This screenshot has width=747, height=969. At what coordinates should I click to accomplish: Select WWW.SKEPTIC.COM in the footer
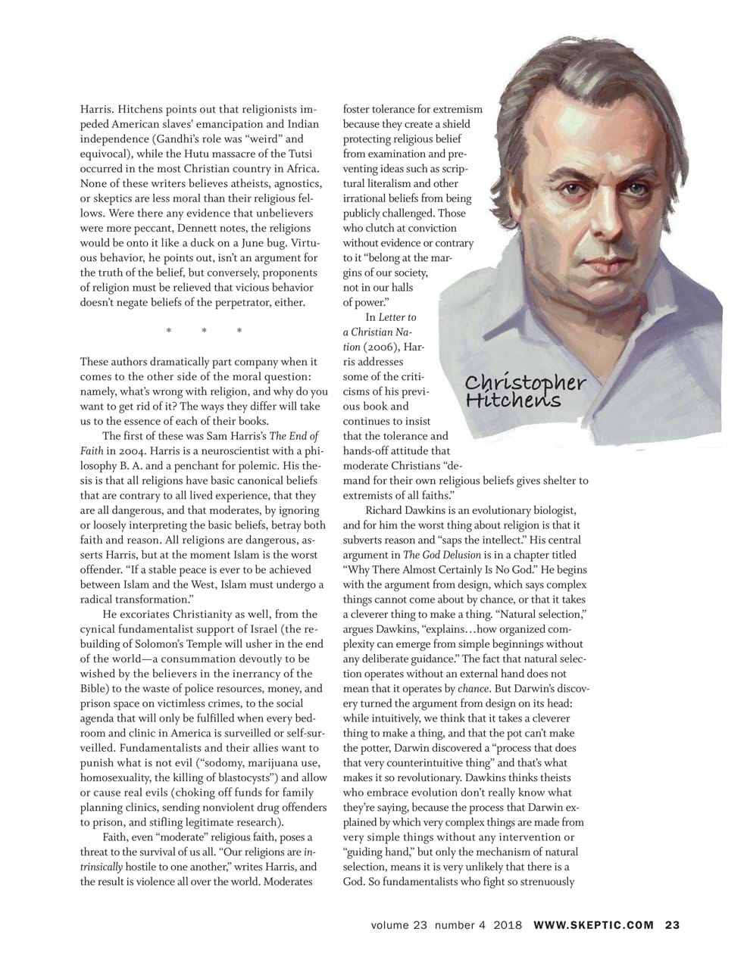593,924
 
